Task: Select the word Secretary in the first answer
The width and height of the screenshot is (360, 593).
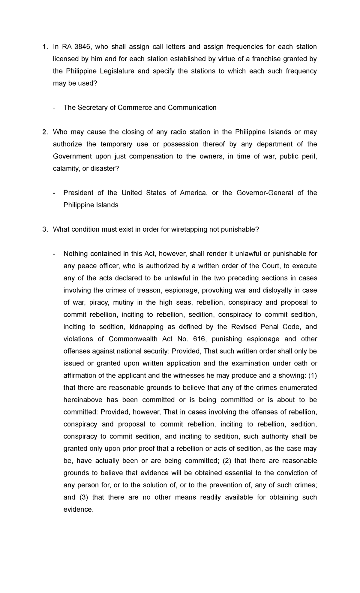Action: [x=93, y=108]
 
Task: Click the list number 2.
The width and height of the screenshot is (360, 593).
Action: [x=45, y=132]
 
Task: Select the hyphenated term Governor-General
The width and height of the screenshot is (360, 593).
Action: [x=265, y=193]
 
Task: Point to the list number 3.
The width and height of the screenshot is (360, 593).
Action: [x=45, y=230]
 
